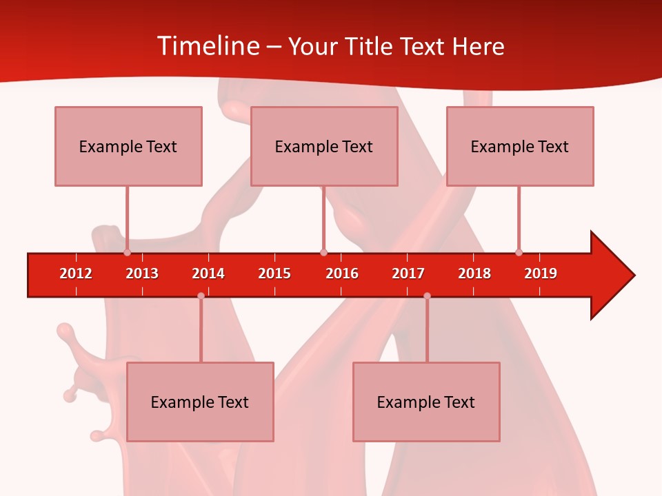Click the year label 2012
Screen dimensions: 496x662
coord(76,273)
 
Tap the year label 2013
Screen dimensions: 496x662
coord(142,273)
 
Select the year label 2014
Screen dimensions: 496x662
coord(208,273)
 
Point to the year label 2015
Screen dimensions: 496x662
coord(274,273)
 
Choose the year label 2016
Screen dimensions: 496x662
coord(342,273)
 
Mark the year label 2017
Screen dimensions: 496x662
coord(408,273)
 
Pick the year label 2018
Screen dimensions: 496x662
coord(474,273)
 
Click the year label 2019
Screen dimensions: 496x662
coord(541,273)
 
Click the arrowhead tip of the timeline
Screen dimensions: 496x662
coord(633,276)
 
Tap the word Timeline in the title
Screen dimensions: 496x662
coord(207,46)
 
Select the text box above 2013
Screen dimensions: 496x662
coord(128,146)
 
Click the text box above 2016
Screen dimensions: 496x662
coord(324,146)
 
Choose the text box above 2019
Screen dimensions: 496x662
coord(520,146)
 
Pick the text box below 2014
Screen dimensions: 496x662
coord(200,402)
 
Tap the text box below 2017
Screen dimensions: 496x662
coord(426,402)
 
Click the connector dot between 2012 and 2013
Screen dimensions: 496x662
coord(127,252)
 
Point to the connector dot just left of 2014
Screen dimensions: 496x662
coord(201,296)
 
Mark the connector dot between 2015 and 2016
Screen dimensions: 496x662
coord(323,252)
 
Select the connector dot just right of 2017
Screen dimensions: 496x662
coord(427,296)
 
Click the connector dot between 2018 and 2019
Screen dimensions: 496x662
coord(519,252)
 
